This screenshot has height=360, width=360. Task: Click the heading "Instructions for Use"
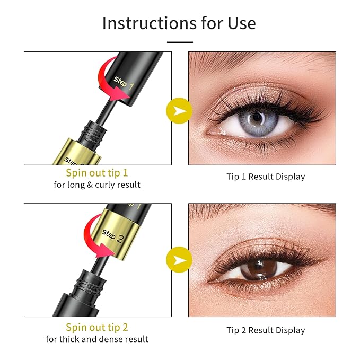coord(179,23)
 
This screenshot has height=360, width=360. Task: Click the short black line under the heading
coord(180,41)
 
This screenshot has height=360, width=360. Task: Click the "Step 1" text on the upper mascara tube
coord(125,81)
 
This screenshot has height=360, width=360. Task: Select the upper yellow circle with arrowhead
coord(179,111)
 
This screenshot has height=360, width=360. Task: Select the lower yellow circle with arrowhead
coord(179,260)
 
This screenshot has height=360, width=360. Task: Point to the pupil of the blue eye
coord(257,117)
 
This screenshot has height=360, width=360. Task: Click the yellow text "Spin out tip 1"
coord(97,172)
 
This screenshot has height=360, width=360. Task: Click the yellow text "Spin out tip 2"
coord(97,327)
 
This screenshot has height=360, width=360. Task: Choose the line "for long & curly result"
coord(97,185)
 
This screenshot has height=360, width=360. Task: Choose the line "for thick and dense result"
coord(97,339)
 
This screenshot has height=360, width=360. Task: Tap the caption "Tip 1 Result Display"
coord(266,177)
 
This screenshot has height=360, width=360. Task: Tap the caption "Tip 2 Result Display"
coord(266,330)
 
